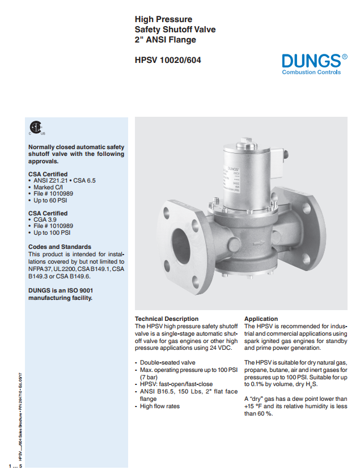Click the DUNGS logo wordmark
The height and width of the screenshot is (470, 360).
(311, 60)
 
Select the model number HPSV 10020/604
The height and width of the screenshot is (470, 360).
(167, 60)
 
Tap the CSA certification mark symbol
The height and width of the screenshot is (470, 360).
(36, 128)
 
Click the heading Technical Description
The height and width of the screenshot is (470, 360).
(167, 319)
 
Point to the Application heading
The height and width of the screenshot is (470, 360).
(261, 319)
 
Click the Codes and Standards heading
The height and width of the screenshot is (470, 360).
(60, 247)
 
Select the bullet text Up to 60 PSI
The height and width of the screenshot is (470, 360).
(52, 200)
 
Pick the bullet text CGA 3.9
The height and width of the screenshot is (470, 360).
(48, 219)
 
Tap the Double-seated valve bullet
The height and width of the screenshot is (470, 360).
(167, 362)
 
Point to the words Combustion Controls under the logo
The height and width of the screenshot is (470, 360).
(311, 73)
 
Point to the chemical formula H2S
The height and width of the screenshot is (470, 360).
(314, 384)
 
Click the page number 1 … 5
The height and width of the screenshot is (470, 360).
(12, 465)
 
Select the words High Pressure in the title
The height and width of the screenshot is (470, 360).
(163, 19)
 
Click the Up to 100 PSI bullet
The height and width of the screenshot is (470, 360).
(54, 232)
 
